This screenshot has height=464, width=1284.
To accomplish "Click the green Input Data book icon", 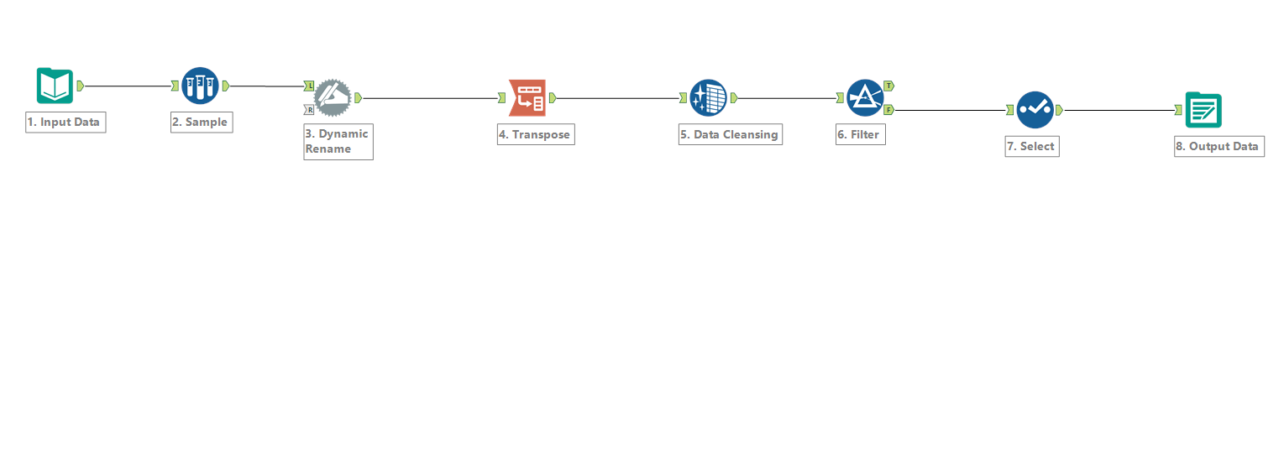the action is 55,86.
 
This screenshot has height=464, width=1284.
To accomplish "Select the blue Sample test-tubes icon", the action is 200,86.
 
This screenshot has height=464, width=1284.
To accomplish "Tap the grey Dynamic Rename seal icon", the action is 333,98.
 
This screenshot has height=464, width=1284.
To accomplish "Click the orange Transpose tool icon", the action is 527,98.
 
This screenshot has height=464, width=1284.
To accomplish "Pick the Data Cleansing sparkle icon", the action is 709,98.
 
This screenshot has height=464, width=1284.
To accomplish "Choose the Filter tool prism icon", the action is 865,98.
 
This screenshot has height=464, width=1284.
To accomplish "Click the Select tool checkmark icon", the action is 1035,110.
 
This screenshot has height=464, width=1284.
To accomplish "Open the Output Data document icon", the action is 1203,109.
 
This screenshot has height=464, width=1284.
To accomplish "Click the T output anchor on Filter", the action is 889,86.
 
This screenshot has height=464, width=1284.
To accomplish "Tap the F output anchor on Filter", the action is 889,110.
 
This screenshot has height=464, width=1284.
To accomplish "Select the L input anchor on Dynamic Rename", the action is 309,86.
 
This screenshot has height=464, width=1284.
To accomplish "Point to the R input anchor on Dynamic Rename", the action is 309,109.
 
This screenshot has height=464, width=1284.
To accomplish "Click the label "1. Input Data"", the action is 64,122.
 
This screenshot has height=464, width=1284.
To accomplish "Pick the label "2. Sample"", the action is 200,122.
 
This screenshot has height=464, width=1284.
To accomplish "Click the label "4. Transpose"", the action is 534,134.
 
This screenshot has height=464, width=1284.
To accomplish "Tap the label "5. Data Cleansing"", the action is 729,134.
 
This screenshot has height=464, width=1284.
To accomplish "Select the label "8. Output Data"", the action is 1217,146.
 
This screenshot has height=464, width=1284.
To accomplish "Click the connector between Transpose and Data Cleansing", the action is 618,98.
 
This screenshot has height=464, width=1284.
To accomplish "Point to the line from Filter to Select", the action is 951,110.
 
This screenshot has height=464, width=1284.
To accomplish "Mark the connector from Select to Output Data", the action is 1119,110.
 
